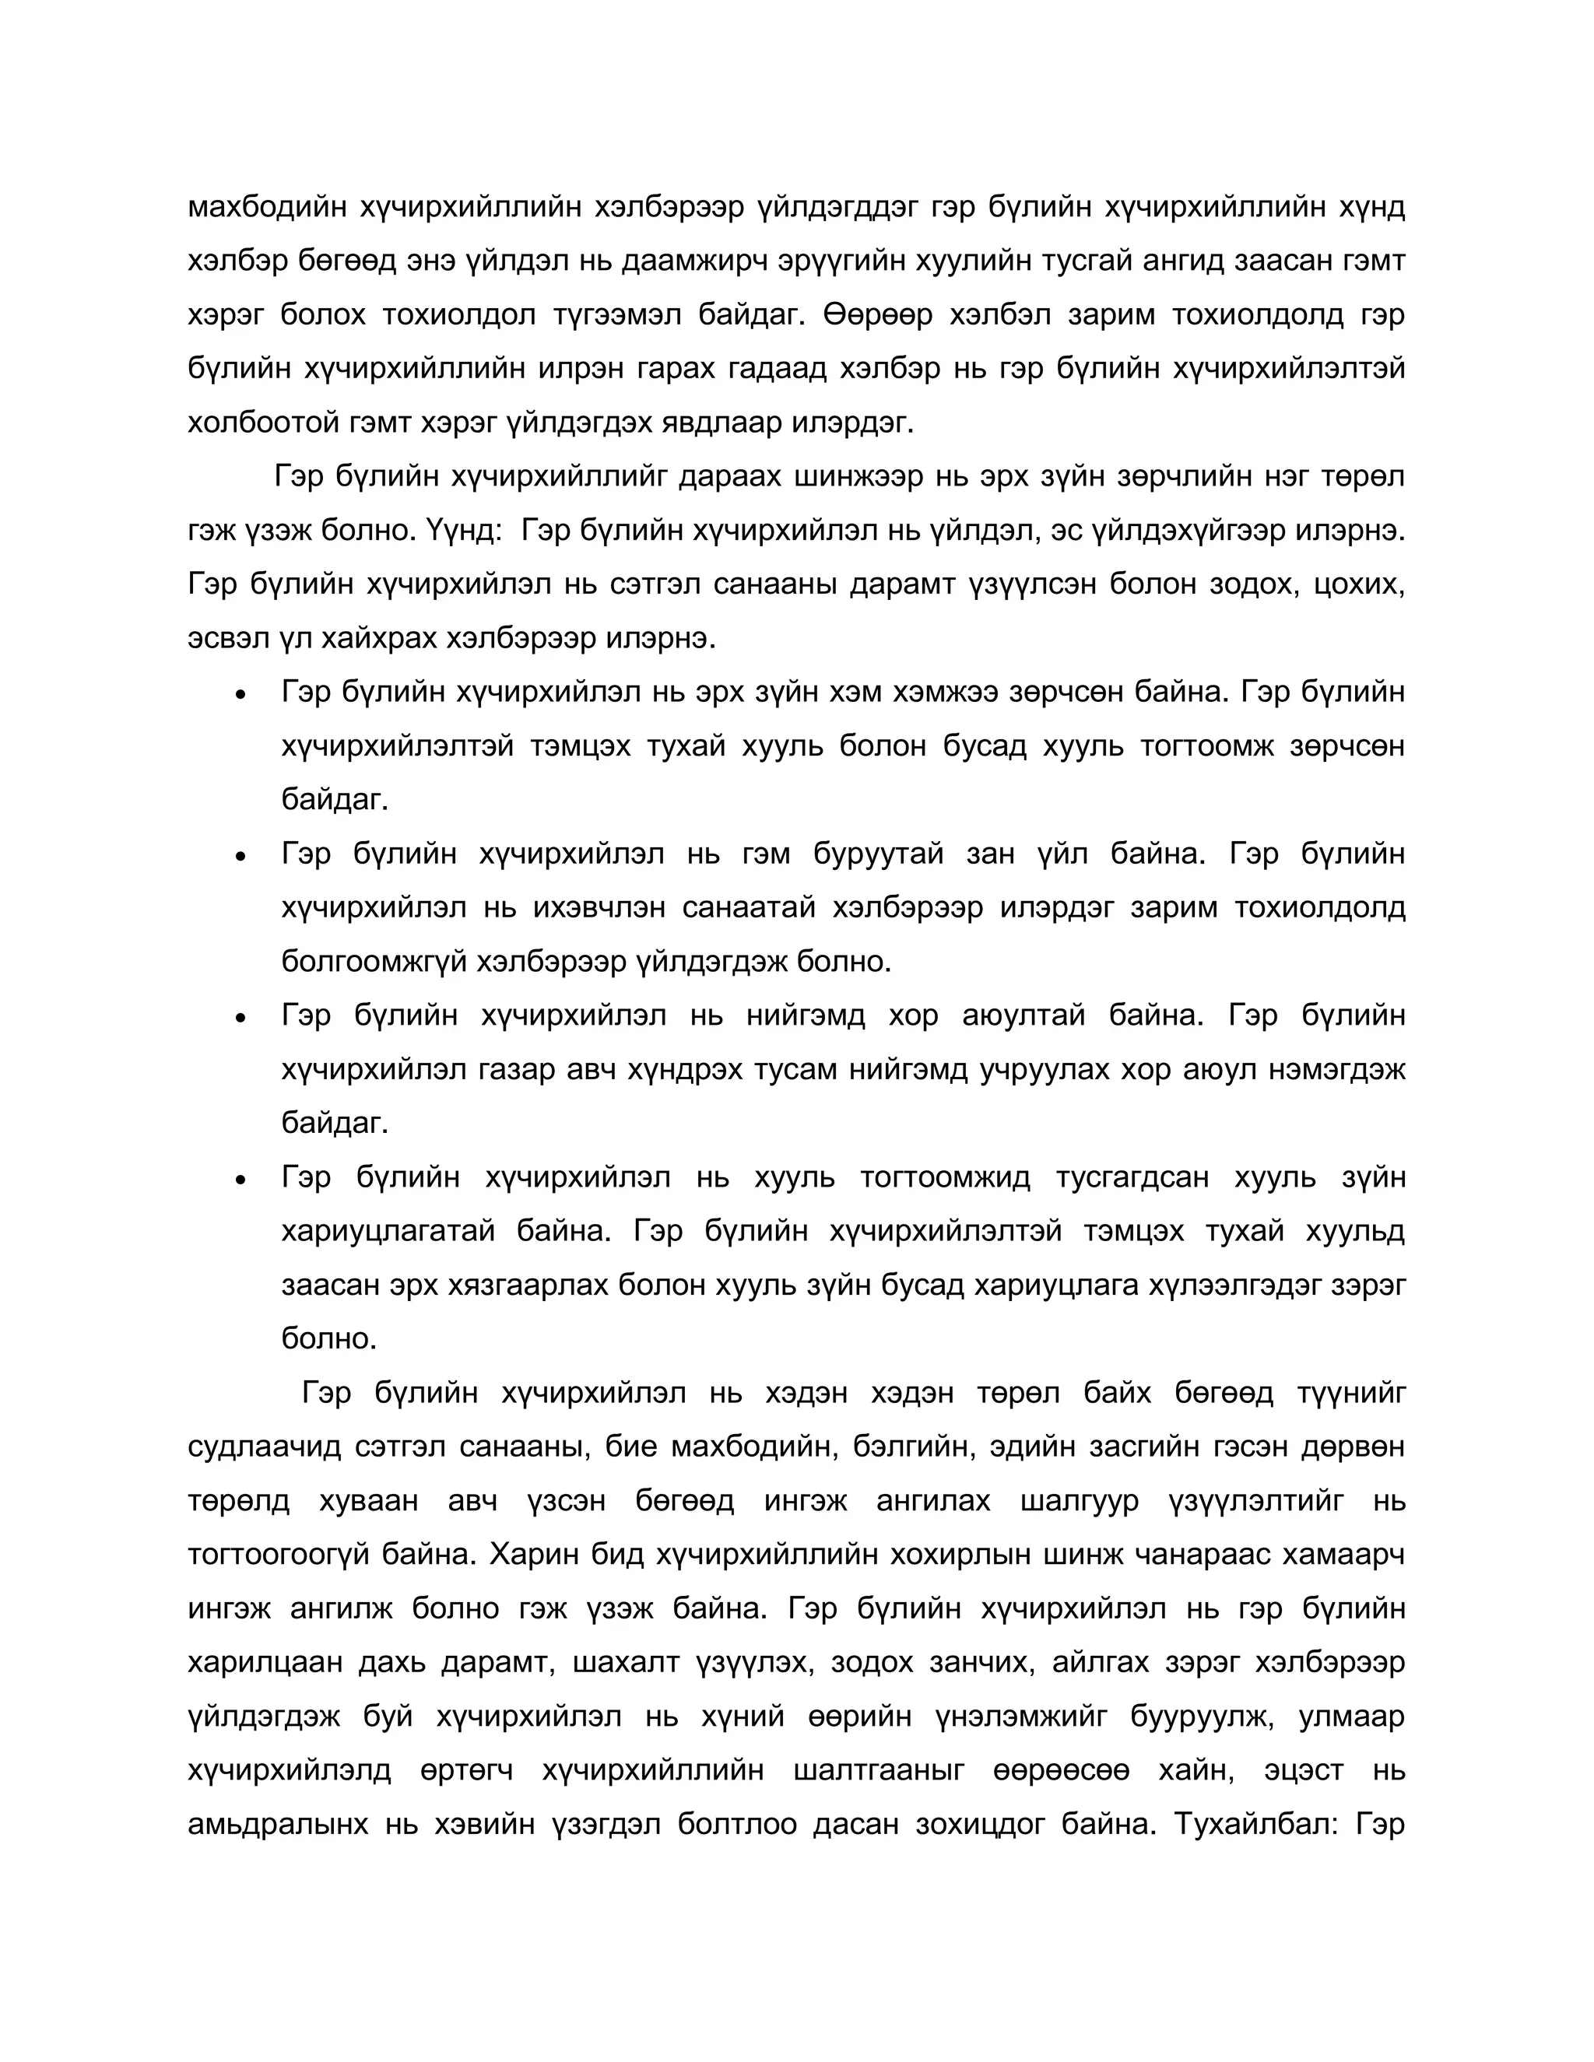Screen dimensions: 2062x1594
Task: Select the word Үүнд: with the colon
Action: (456, 530)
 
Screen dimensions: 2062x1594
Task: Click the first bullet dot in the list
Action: (241, 695)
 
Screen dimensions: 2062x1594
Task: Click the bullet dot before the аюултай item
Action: (241, 1019)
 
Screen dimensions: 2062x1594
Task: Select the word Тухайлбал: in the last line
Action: (1254, 1823)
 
